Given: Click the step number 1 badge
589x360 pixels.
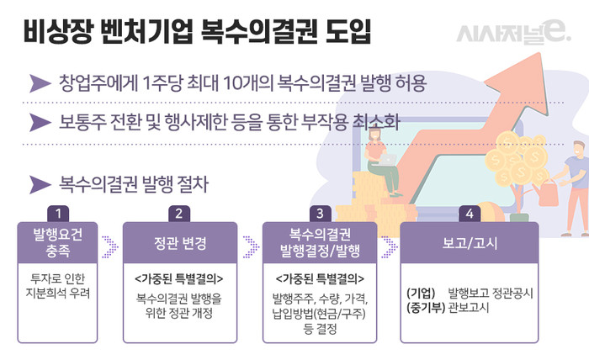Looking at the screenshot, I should tap(57, 213).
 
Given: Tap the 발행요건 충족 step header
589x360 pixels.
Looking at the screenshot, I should tap(57, 244).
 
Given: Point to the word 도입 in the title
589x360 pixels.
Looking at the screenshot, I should tap(340, 35).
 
